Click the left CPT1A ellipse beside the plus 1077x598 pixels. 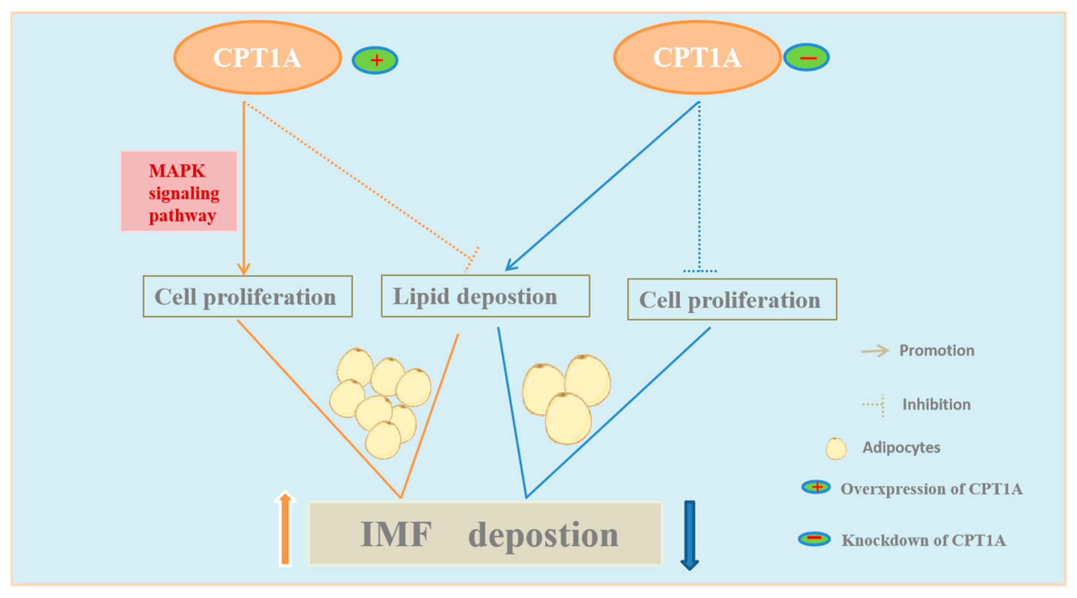click(257, 57)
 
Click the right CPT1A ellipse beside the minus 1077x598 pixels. click(697, 57)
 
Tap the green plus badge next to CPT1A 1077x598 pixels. click(375, 60)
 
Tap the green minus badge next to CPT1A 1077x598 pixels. click(806, 58)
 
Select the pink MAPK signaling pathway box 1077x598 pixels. click(179, 191)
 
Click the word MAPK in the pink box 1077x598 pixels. click(177, 171)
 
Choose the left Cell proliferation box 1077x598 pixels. click(247, 296)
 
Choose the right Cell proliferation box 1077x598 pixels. click(732, 300)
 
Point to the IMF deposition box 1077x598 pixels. click(485, 534)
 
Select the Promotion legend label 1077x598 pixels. click(937, 350)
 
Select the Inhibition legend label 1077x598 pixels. click(936, 404)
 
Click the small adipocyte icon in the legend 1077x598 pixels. click(836, 449)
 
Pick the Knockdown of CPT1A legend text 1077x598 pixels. click(923, 540)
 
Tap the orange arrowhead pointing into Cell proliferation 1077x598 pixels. click(244, 269)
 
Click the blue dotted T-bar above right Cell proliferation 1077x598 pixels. click(700, 271)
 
